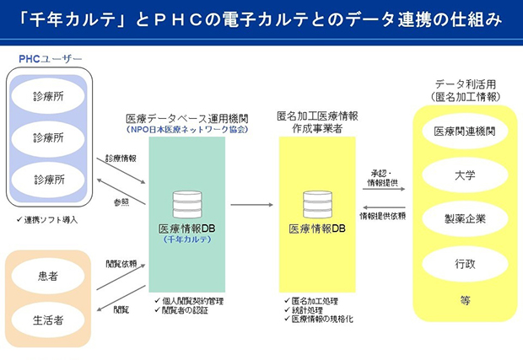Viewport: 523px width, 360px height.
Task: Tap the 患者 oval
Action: click(x=47, y=275)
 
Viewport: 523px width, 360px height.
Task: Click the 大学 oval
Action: click(x=464, y=175)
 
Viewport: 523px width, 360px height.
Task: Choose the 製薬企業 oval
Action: click(x=464, y=219)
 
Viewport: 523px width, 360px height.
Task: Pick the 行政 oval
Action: click(x=464, y=264)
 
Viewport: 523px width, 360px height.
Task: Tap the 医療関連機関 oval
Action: click(x=464, y=132)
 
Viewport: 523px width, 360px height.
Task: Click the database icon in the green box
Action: click(x=186, y=205)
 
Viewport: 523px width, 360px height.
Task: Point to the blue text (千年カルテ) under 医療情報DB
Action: click(x=187, y=239)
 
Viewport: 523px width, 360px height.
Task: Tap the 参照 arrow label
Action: click(x=121, y=202)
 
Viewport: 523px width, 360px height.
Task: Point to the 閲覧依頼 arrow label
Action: click(x=121, y=263)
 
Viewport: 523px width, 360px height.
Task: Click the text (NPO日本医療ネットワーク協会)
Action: click(x=186, y=130)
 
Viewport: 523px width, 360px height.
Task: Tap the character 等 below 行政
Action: click(x=465, y=299)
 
